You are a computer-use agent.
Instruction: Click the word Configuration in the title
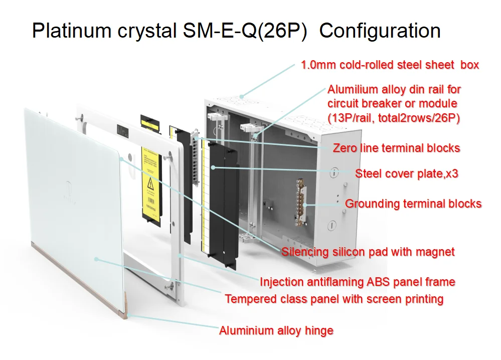click(x=380, y=31)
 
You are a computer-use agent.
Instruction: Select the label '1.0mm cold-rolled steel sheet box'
click(x=390, y=65)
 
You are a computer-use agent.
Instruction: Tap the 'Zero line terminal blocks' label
click(x=396, y=148)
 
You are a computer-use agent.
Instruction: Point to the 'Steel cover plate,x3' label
click(x=407, y=174)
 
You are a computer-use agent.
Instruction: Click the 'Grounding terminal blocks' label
click(x=413, y=204)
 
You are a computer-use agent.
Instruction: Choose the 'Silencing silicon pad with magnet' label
click(x=368, y=252)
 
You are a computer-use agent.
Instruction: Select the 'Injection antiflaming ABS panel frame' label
click(x=357, y=282)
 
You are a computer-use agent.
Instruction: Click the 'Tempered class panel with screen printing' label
click(x=334, y=299)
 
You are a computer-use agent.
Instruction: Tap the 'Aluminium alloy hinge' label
click(x=276, y=330)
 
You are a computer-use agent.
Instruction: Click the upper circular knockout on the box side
click(x=333, y=172)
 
